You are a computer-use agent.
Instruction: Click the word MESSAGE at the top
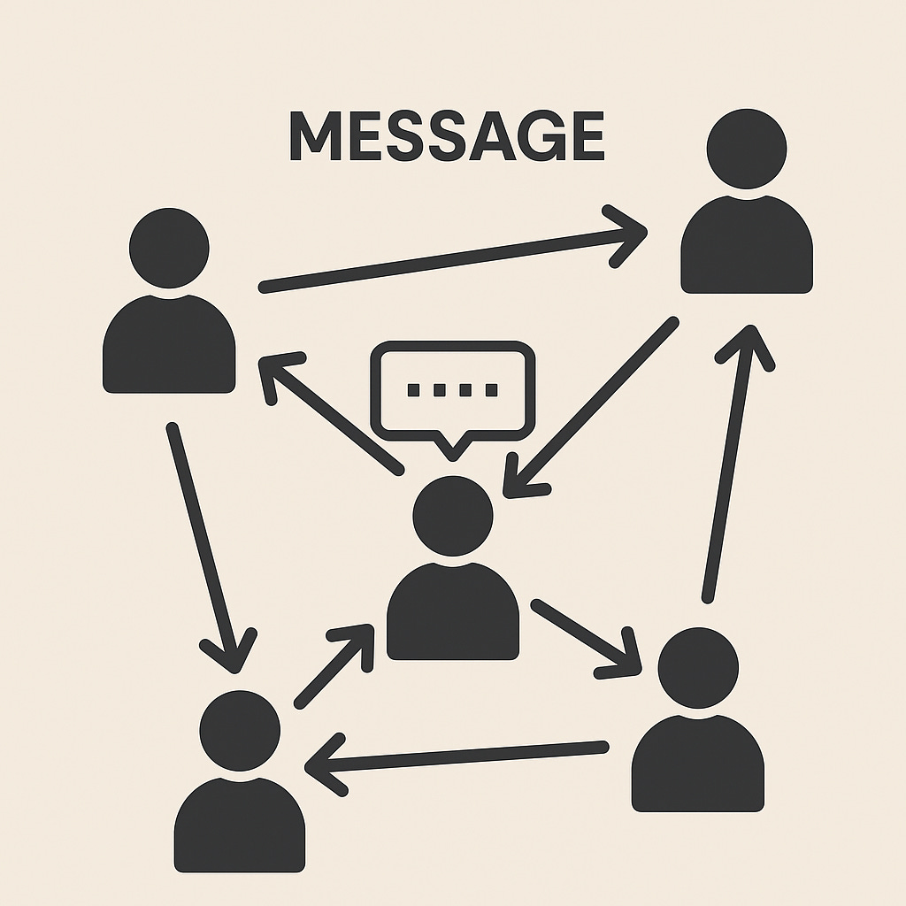tap(447, 138)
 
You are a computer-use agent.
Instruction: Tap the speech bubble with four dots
tap(453, 389)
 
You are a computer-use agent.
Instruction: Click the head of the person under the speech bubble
tap(453, 516)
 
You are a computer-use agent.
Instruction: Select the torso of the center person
tap(453, 615)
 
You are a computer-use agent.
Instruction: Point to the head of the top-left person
tap(169, 248)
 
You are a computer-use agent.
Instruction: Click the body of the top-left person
tap(169, 347)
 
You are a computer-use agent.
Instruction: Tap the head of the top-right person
tap(746, 149)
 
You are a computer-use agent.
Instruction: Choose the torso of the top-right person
tap(746, 248)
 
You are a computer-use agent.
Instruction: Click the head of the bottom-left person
tap(240, 731)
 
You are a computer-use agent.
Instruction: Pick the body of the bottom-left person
tap(240, 827)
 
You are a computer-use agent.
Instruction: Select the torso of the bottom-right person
tap(698, 765)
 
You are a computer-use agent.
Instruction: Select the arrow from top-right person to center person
tap(588, 407)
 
